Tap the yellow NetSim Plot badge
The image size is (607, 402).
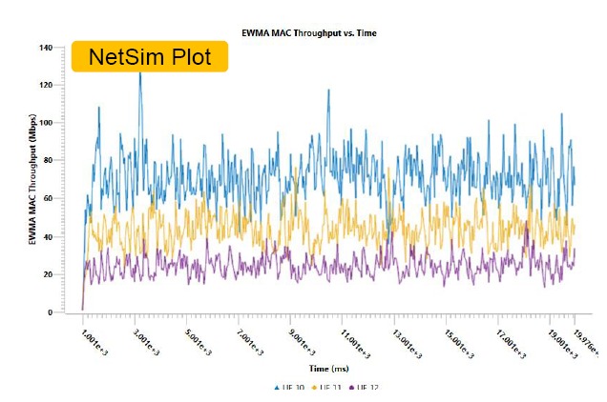(150, 57)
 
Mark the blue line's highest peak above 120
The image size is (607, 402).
(140, 73)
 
